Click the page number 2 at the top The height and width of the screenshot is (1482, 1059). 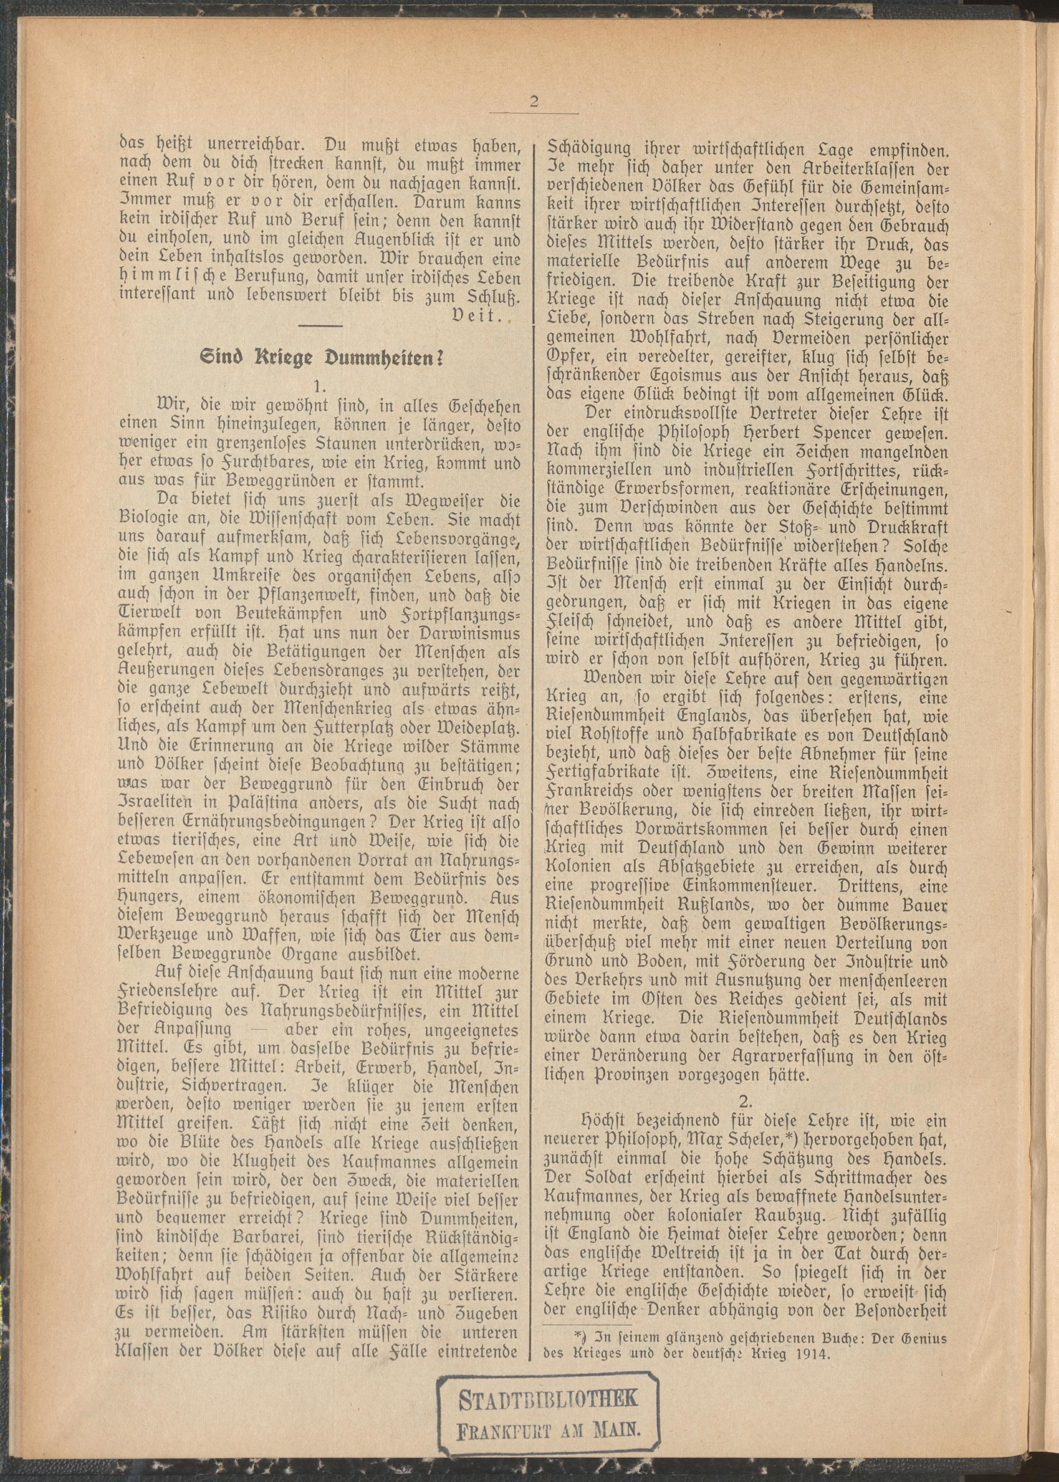pos(534,102)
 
